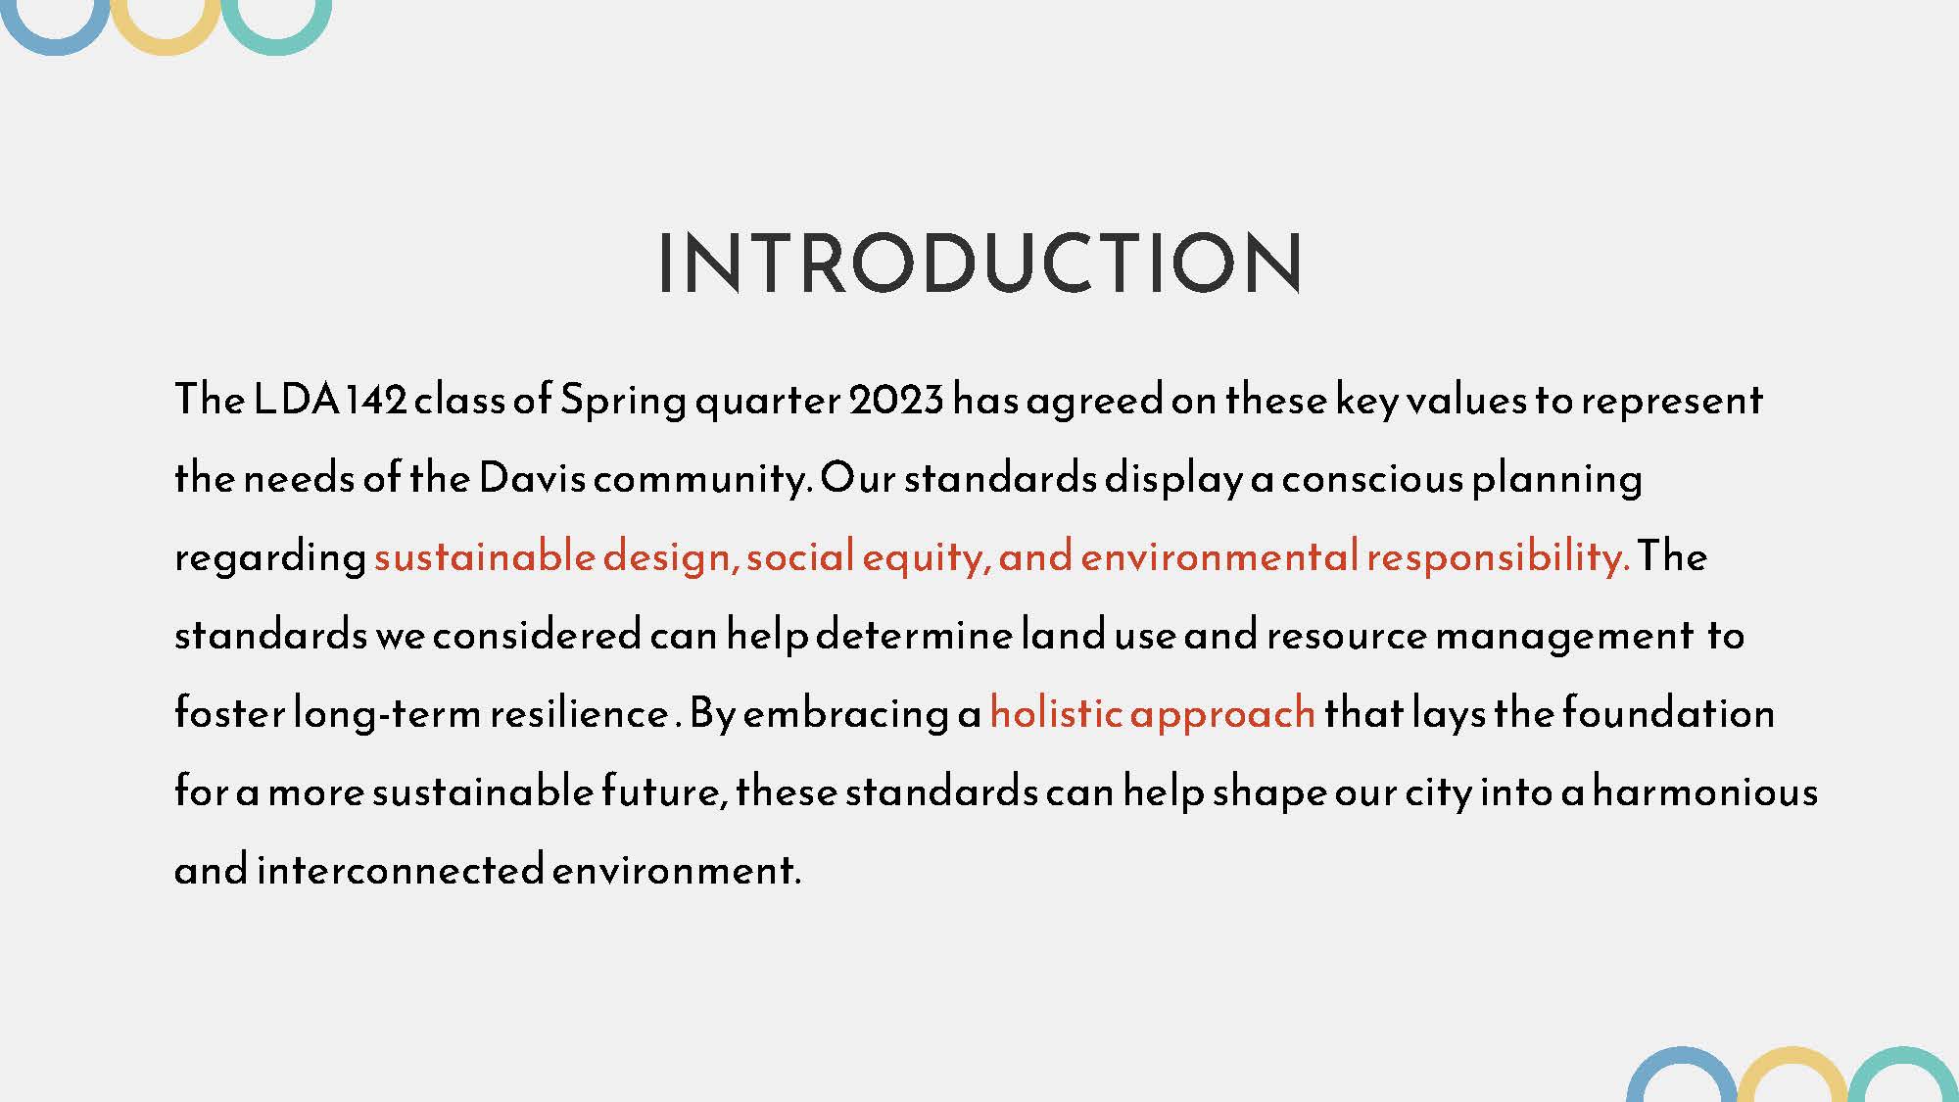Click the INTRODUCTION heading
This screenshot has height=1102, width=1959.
[979, 263]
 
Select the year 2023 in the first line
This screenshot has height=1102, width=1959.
[896, 399]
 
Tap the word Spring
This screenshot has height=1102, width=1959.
[624, 401]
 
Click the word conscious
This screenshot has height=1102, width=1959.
[1371, 478]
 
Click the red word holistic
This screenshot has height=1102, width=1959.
[1055, 712]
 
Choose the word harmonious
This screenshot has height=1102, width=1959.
[1705, 791]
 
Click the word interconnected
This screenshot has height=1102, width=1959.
[400, 869]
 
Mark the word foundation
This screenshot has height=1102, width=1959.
[1668, 712]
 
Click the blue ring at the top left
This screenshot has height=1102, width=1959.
[56, 48]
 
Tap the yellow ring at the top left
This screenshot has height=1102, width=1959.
[166, 48]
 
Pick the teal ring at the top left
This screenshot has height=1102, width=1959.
[276, 48]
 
